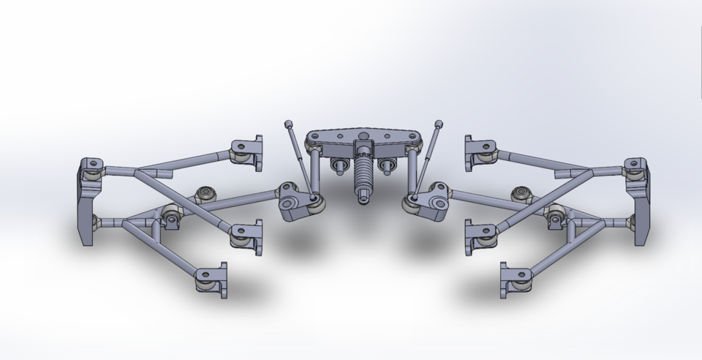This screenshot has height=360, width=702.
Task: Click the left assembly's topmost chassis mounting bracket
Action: click(x=249, y=152)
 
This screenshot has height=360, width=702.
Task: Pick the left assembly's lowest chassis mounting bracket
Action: click(x=211, y=280)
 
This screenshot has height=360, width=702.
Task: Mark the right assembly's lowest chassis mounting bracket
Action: click(x=515, y=281)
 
